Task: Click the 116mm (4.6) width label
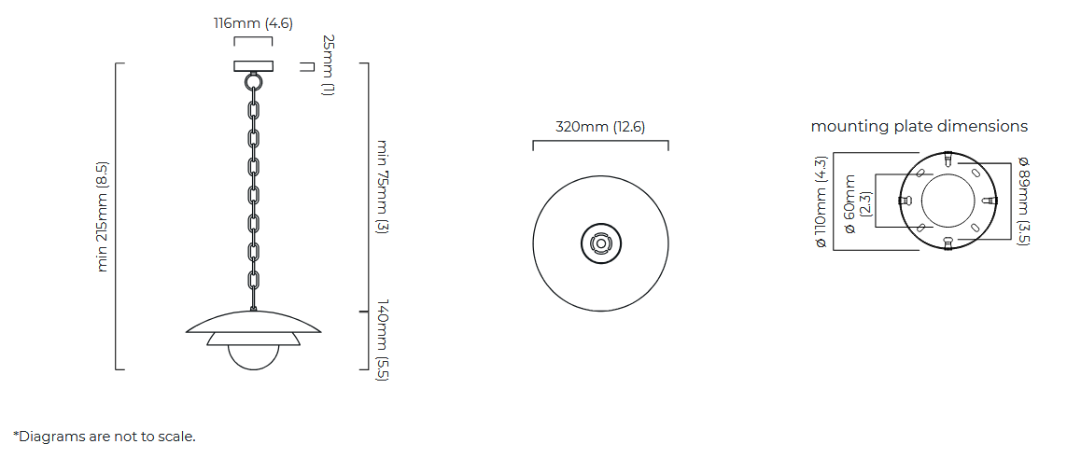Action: point(253,23)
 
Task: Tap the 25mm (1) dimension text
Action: point(328,65)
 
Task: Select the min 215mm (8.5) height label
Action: point(102,216)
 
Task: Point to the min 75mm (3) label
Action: point(382,187)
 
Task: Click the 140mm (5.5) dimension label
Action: point(382,340)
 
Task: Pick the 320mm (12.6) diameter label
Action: point(600,127)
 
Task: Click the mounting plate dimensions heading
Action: point(920,126)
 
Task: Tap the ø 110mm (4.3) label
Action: point(821,201)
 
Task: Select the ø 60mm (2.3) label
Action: point(856,204)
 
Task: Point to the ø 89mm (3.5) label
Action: point(1023,201)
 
